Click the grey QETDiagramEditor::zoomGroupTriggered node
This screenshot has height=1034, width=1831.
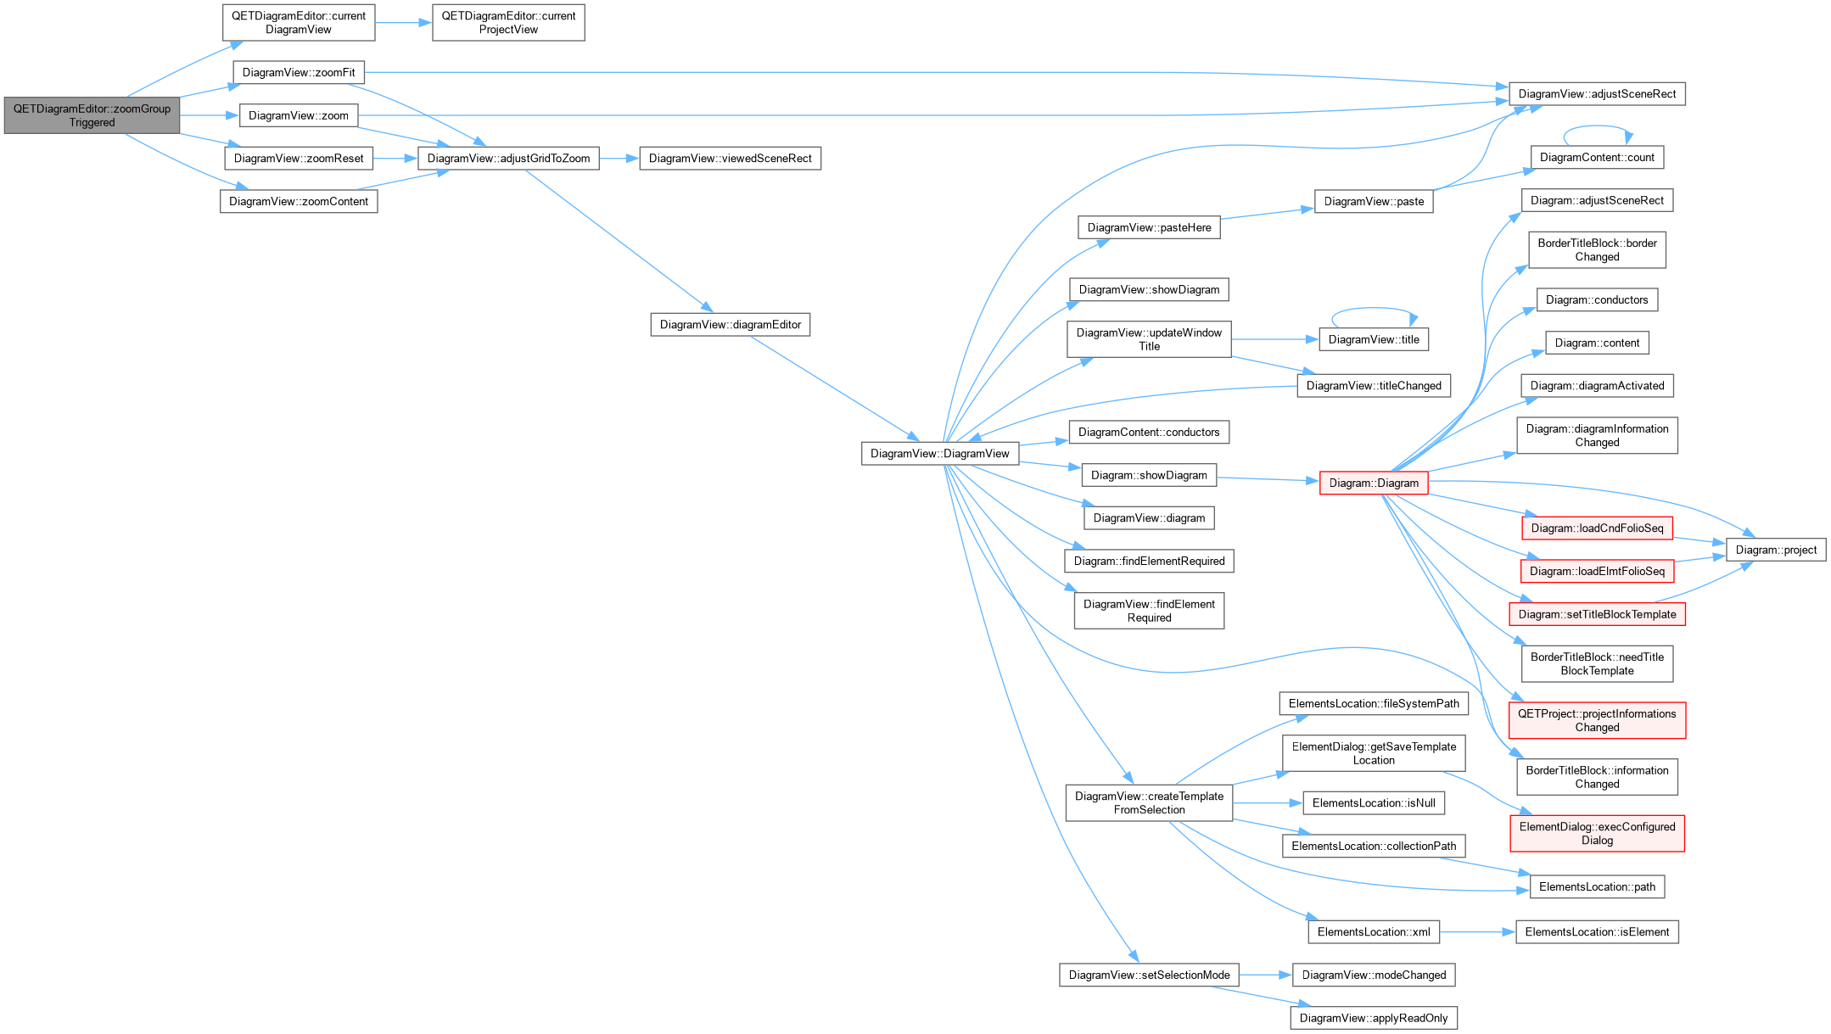92,115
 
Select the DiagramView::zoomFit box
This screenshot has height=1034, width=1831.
299,72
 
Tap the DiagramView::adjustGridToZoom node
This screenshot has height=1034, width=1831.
508,159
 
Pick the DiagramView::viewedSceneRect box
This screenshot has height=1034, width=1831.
730,159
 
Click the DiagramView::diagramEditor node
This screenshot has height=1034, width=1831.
730,325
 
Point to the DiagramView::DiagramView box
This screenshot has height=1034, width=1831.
940,454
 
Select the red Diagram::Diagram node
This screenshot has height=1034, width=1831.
1374,483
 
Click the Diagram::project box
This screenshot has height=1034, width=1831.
1776,550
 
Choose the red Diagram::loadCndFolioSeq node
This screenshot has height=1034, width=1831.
1597,528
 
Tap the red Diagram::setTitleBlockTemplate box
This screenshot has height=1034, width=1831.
1597,614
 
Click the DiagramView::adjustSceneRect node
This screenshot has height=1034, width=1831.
1597,94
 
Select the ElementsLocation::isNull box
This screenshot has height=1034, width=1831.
1374,803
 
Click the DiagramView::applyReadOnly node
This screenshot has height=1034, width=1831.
1374,1018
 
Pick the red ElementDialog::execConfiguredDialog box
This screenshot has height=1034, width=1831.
1597,834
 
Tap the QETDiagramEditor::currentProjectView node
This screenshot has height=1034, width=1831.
508,23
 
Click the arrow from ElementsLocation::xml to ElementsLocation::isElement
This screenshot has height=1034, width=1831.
1477,932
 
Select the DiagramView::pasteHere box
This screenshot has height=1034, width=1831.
1149,227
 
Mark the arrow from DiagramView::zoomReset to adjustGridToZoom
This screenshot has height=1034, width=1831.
395,159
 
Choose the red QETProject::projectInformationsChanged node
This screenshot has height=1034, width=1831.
1597,720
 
